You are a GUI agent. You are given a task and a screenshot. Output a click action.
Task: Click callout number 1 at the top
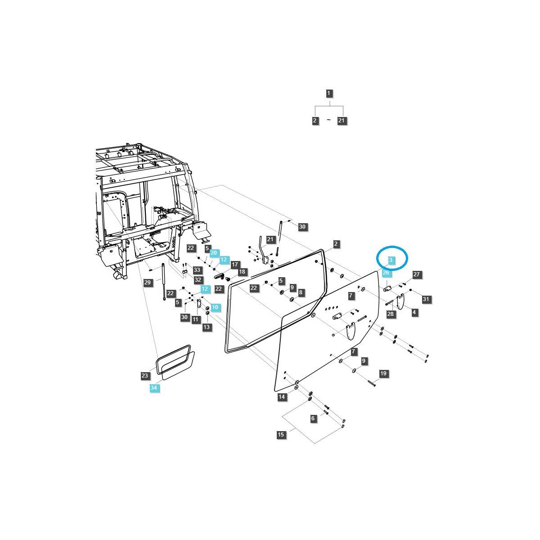[x=329, y=94]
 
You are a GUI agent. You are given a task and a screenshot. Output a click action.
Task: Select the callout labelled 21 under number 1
[x=342, y=121]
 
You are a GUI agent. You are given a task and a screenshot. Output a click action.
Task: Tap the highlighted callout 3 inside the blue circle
[x=391, y=260]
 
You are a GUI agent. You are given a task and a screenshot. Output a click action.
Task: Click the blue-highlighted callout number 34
[x=154, y=388]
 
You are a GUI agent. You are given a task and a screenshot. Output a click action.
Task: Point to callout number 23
[x=144, y=375]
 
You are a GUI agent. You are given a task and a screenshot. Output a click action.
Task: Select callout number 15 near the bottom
[x=281, y=435]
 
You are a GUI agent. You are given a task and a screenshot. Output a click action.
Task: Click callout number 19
[x=383, y=373]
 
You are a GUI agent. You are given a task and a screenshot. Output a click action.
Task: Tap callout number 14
[x=282, y=397]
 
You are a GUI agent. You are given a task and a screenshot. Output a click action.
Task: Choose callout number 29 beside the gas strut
[x=148, y=283]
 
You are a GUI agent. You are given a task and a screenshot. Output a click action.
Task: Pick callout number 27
[x=416, y=274]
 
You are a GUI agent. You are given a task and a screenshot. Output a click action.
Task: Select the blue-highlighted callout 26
[x=386, y=272]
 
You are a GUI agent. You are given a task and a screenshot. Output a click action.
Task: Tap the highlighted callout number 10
[x=215, y=307]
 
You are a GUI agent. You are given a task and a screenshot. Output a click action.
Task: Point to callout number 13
[x=207, y=327]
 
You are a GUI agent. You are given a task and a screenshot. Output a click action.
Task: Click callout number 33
[x=197, y=270]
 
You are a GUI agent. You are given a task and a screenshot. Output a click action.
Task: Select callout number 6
[x=313, y=418]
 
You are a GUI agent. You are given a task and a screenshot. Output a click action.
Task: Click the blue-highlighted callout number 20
[x=214, y=253]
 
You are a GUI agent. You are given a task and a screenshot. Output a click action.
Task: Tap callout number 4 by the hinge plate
[x=414, y=312]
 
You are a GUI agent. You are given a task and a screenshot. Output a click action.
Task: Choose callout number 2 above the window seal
[x=336, y=244]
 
